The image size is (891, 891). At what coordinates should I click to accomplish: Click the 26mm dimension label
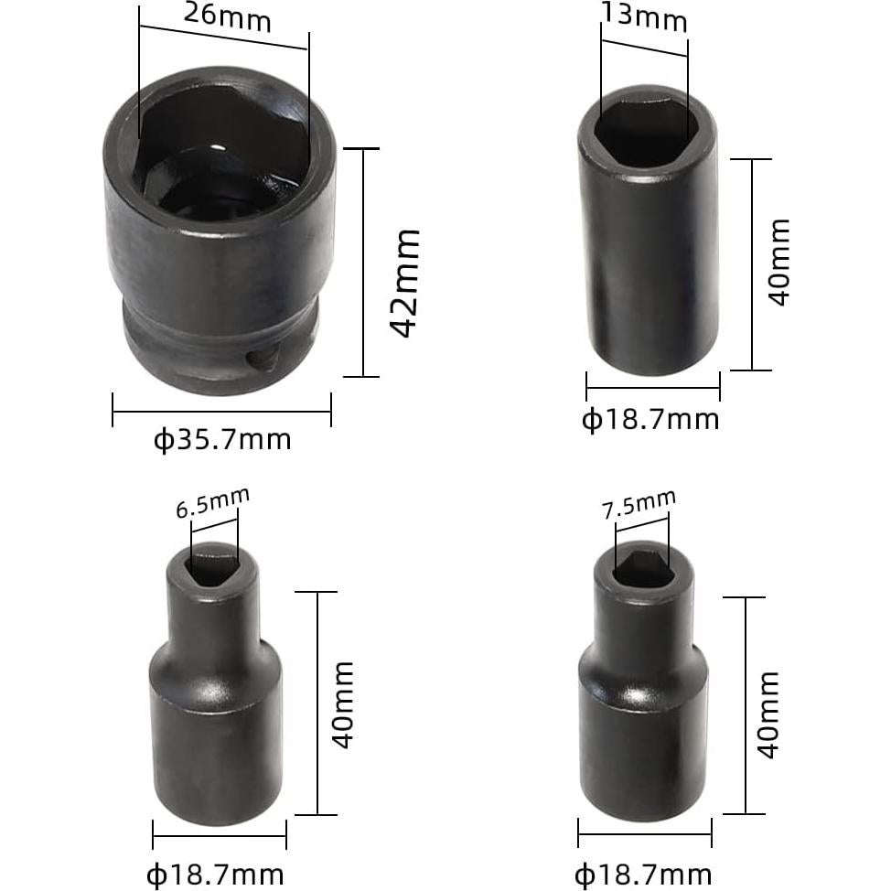[x=227, y=16]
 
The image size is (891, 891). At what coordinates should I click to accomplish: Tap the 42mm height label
[x=404, y=283]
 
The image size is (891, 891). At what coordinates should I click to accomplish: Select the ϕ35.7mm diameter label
[x=221, y=440]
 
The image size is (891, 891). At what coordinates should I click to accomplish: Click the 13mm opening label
[x=644, y=16]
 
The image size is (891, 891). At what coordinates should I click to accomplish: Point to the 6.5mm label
[x=212, y=502]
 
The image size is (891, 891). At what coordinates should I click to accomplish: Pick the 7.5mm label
[x=639, y=504]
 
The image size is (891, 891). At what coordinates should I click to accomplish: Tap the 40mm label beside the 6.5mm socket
[x=341, y=704]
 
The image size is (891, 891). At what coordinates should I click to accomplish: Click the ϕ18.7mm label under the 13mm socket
[x=650, y=420]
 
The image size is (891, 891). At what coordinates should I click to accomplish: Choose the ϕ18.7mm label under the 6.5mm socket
[x=215, y=874]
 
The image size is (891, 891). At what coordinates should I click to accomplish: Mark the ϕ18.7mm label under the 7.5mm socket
[x=643, y=874]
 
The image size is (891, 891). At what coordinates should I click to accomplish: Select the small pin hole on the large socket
[x=262, y=358]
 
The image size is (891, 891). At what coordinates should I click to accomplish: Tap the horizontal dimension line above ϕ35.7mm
[x=221, y=411]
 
